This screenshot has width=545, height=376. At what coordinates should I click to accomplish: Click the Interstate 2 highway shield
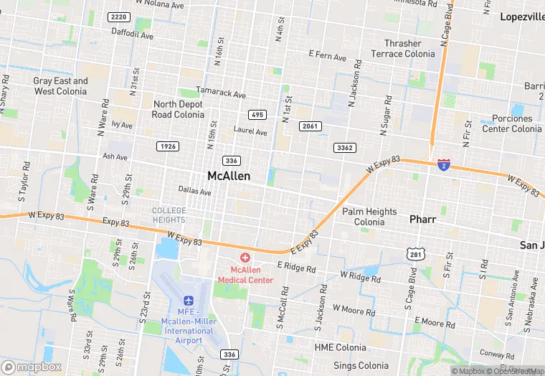click(444, 165)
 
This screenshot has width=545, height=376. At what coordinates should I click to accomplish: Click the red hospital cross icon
click(245, 257)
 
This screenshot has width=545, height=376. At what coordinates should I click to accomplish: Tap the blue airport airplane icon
click(189, 299)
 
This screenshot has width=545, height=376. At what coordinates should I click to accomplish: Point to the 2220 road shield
click(119, 17)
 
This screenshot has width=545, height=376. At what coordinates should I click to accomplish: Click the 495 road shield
click(257, 115)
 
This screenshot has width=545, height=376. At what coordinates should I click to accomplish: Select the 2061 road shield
click(311, 127)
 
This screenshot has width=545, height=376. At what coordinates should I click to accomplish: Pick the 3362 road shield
click(344, 148)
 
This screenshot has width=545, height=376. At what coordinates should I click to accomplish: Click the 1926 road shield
click(167, 146)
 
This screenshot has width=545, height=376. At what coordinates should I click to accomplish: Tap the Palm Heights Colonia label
click(369, 217)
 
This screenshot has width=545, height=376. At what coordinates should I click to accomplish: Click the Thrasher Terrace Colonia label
click(402, 49)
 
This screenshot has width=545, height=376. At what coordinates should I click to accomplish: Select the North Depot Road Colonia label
click(179, 109)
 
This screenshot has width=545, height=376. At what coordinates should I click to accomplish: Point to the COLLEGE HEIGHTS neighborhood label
click(169, 215)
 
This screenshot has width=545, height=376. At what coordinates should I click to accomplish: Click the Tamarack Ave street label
click(222, 95)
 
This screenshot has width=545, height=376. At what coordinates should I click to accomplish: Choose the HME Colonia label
click(340, 348)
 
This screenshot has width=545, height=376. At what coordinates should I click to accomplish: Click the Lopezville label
click(521, 17)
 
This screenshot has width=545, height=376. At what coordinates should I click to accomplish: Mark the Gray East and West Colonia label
click(60, 86)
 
